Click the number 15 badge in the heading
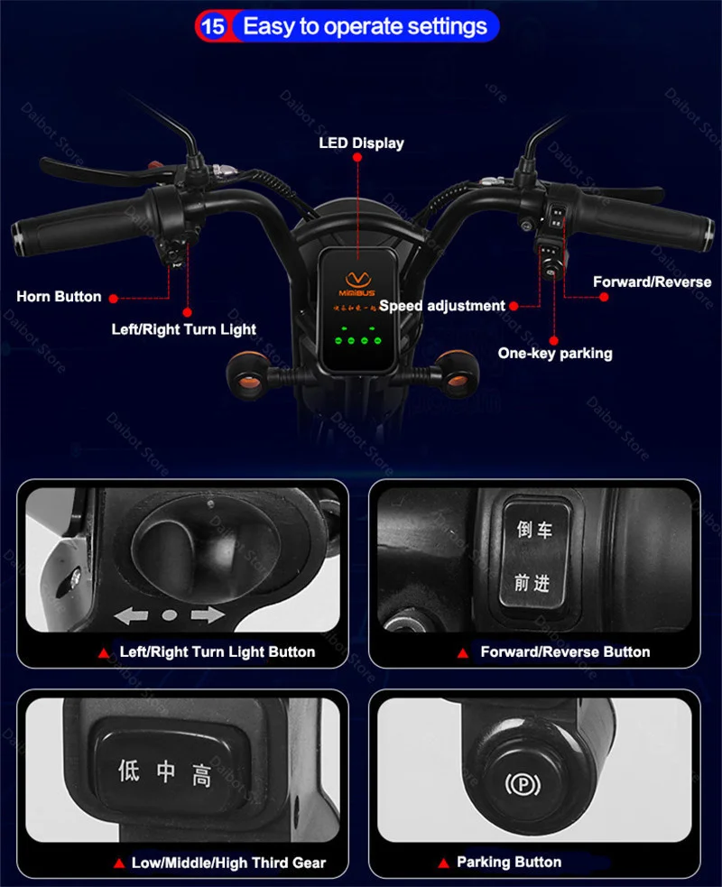[x=213, y=26]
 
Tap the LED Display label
[x=361, y=143]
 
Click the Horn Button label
[x=59, y=297]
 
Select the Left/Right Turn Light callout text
[x=184, y=329]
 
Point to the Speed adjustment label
[x=442, y=306]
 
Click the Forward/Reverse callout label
[x=652, y=282]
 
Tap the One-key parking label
[x=555, y=353]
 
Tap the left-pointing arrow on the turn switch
[x=132, y=616]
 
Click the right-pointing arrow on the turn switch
[x=206, y=616]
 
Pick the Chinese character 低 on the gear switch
[x=129, y=772]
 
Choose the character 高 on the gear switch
[x=201, y=773]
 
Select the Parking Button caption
[x=508, y=862]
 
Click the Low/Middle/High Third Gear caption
[x=228, y=863]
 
